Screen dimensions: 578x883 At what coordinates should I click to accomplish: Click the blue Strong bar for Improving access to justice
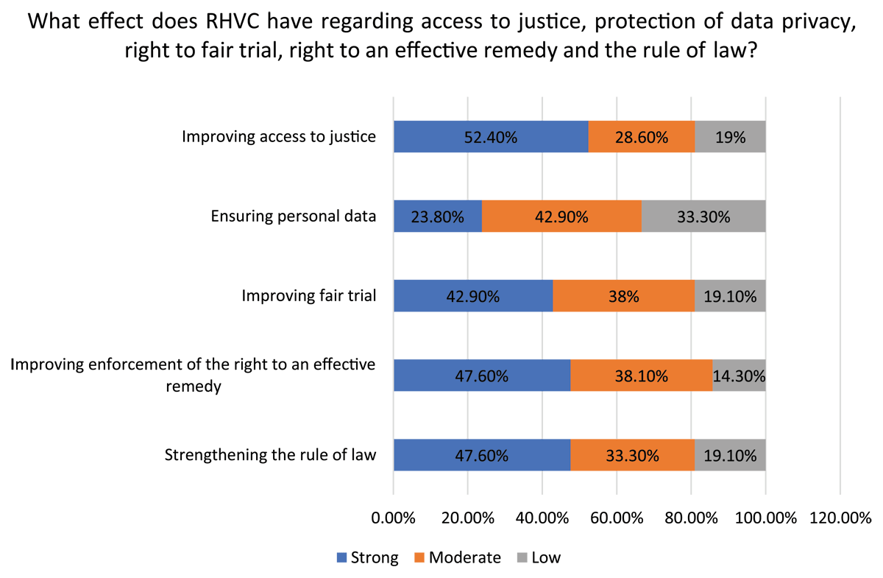tap(491, 137)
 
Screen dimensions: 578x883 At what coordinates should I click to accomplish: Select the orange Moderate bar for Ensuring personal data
tap(561, 216)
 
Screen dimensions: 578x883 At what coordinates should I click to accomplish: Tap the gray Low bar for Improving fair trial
tap(730, 296)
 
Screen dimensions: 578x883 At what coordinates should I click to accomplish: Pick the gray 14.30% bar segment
tap(739, 376)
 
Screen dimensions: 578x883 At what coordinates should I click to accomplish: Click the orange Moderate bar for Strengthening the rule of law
tap(632, 455)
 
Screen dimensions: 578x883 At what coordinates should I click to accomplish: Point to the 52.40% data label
tap(491, 137)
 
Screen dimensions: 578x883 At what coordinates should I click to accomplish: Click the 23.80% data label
tap(438, 216)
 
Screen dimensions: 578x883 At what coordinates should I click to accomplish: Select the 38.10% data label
tap(642, 376)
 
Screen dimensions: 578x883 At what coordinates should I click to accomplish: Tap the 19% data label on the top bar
tap(730, 137)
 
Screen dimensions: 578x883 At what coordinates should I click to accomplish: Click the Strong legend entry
tap(367, 557)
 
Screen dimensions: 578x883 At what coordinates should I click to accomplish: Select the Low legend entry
tap(537, 557)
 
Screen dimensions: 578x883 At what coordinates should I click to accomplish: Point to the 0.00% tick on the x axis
tap(394, 517)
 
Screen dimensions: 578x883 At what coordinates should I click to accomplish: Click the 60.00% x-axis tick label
tap(617, 517)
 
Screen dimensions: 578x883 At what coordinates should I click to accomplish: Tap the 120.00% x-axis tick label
tap(840, 517)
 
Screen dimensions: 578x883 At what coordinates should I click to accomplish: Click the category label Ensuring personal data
tap(294, 216)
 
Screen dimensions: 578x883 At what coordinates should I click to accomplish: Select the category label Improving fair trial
tap(309, 296)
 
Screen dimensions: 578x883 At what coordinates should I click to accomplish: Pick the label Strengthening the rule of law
tap(270, 454)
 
